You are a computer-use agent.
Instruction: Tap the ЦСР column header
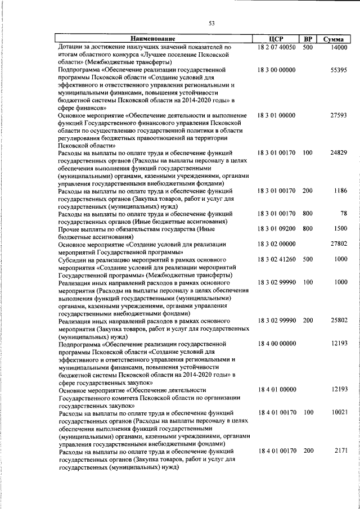[276, 39]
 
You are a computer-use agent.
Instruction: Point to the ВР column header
[308, 39]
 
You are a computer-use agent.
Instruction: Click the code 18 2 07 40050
[277, 47]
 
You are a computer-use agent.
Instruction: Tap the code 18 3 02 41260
[277, 259]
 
